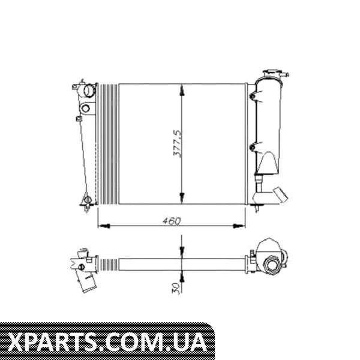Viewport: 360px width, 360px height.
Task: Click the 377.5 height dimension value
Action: point(177,144)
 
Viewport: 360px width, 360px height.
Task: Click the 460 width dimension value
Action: point(172,221)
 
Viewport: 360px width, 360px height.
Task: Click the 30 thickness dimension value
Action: point(176,288)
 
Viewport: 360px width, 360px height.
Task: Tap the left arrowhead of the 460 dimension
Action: point(104,226)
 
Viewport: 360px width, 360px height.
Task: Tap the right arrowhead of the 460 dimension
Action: point(239,226)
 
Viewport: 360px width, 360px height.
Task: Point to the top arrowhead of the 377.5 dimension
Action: point(182,90)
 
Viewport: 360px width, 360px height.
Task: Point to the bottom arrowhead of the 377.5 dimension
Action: point(182,198)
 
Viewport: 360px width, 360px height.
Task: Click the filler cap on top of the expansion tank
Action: point(275,74)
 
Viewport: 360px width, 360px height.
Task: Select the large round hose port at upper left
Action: point(89,90)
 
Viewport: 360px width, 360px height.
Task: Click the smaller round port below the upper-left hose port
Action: point(86,108)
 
